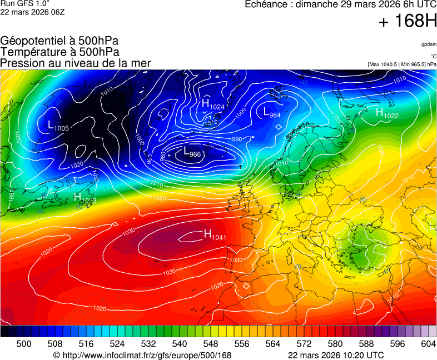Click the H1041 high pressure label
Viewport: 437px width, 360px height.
click(215, 236)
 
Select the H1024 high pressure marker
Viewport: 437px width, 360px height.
click(213, 104)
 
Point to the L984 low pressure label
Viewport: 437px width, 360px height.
click(272, 113)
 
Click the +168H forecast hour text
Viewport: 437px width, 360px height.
click(408, 22)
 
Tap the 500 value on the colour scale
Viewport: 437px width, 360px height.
click(24, 344)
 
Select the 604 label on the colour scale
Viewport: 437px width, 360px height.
click(428, 344)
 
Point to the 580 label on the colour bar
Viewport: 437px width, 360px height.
click(335, 344)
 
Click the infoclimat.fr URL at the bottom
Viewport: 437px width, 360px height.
click(142, 355)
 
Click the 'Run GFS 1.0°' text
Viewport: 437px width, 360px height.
click(22, 3)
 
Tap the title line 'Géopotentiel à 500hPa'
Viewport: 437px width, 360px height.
click(59, 41)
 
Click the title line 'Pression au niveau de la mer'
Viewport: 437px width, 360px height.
click(76, 63)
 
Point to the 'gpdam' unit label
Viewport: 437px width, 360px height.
click(428, 44)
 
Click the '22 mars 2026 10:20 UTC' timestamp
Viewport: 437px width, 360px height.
click(336, 355)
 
